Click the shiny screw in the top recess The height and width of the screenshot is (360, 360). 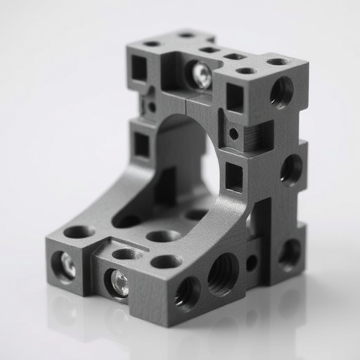pos(201,75)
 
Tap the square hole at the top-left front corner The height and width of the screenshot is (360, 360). pos(139,68)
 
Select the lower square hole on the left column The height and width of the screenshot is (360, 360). pos(141,144)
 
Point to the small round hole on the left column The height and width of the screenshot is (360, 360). pos(151,107)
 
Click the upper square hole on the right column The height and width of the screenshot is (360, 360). pos(234,98)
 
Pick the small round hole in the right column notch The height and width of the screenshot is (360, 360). pos(233,134)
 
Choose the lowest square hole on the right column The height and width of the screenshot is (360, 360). pos(233,176)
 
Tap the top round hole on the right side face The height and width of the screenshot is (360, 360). pos(281,91)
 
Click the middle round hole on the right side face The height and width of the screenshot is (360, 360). pos(291,169)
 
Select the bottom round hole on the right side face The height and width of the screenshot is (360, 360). pos(290,253)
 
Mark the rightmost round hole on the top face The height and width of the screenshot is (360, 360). pos(278,62)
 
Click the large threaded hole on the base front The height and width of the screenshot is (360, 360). pos(223,273)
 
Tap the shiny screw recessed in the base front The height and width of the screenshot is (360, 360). pos(118,283)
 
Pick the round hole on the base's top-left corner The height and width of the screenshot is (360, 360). pos(79,231)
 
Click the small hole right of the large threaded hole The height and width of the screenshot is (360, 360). pos(251,263)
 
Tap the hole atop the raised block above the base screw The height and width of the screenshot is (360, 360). pos(127,253)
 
